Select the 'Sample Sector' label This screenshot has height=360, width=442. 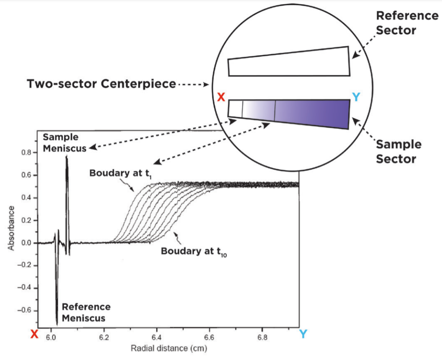click(398, 152)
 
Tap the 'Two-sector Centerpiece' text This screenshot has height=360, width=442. click(101, 84)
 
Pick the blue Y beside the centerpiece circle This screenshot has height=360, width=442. click(356, 98)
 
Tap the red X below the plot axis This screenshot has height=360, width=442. click(35, 333)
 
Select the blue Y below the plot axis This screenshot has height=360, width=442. click(303, 333)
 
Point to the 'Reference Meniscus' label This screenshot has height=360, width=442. click(86, 313)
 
